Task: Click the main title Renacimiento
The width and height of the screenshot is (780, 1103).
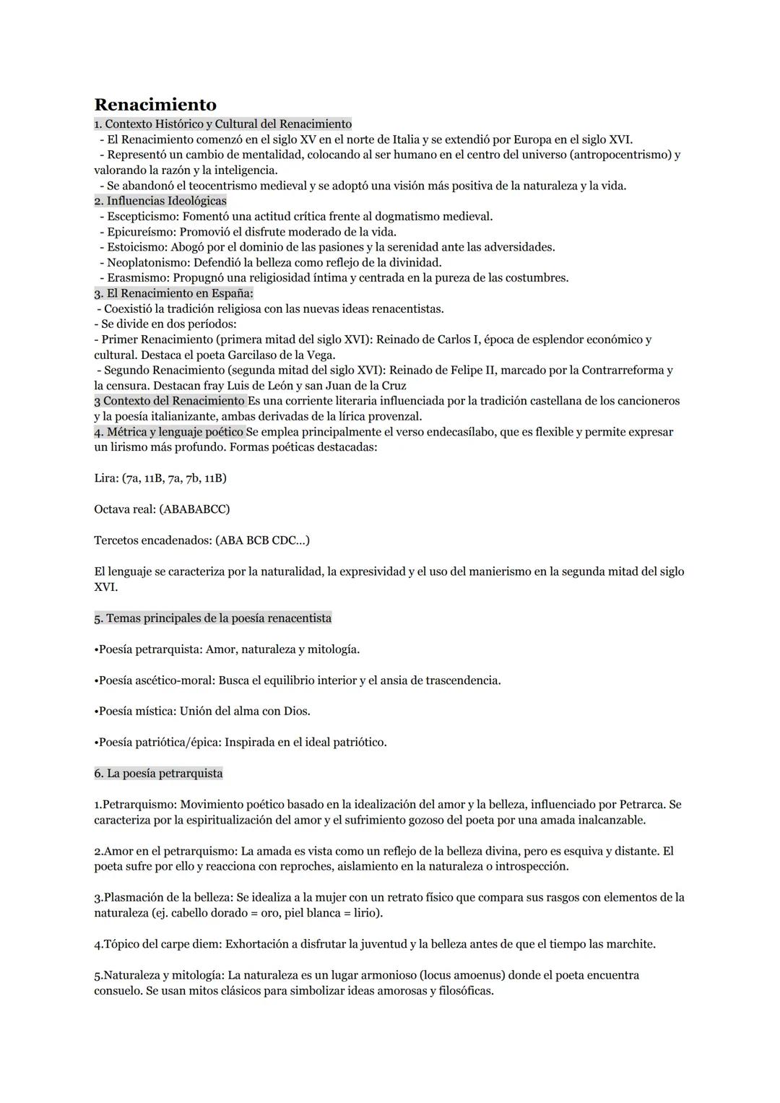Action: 155,105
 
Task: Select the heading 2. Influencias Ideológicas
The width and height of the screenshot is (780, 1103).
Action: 160,201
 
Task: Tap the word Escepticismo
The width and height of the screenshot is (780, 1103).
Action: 142,216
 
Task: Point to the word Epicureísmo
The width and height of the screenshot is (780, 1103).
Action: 140,232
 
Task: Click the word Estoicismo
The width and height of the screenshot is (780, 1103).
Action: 136,247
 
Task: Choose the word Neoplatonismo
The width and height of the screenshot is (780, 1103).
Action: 147,262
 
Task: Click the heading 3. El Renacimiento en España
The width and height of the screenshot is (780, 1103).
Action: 173,293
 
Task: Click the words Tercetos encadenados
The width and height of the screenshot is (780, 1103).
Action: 152,540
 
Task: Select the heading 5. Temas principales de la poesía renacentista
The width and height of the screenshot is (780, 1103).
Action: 212,618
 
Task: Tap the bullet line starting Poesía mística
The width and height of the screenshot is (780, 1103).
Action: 202,711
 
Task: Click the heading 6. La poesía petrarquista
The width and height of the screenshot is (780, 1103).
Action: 158,774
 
